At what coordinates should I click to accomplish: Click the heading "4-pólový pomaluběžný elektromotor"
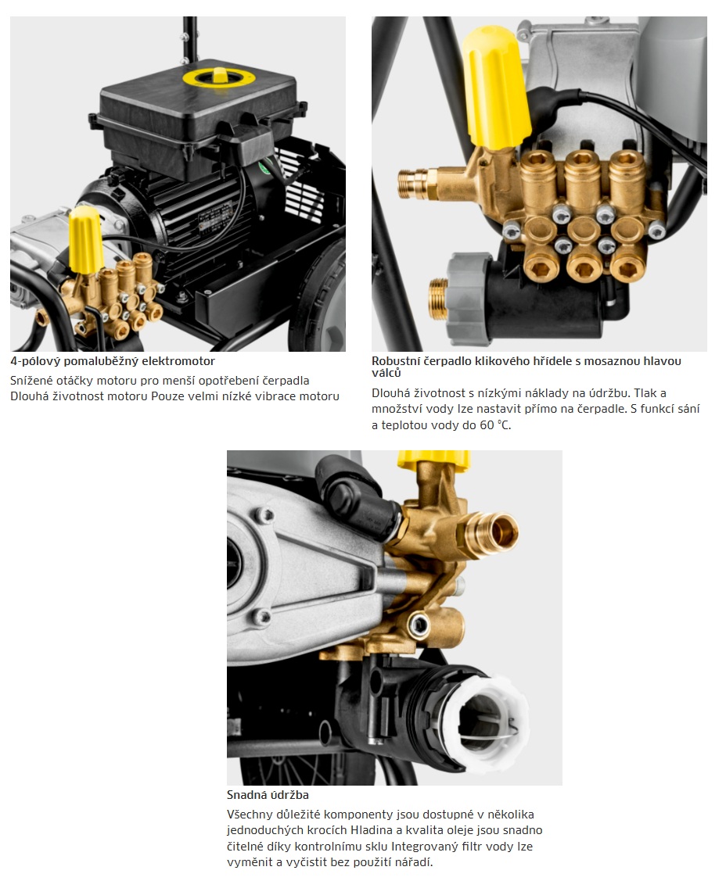click(113, 360)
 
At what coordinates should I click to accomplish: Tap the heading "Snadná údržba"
click(268, 794)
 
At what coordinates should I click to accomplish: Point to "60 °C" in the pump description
click(495, 424)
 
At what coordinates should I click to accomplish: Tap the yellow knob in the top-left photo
click(85, 238)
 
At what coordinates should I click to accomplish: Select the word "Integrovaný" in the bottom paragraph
click(425, 846)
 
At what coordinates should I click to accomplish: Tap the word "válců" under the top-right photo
click(386, 373)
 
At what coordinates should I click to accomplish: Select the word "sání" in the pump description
click(689, 409)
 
